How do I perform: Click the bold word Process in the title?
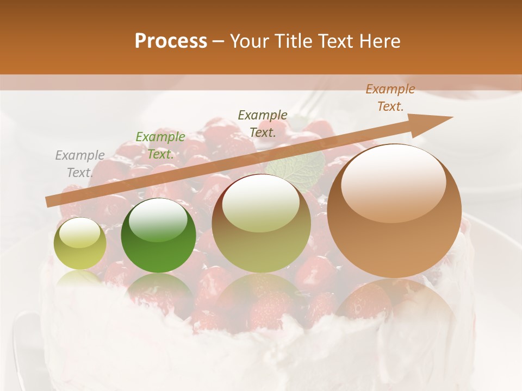pos(171,41)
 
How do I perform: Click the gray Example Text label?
pos(79,164)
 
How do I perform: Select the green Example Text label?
pos(160,146)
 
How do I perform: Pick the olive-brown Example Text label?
pos(263,123)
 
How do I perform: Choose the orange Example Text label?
pos(390,98)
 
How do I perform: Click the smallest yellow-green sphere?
pos(80,243)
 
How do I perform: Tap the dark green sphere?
pos(158,236)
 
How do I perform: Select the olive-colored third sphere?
pos(261,223)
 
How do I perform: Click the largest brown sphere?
pos(394,211)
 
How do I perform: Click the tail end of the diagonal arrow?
pos(47,202)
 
